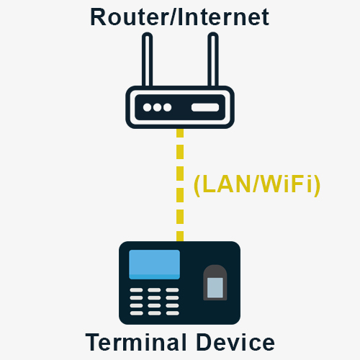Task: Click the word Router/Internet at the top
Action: pyautogui.click(x=179, y=17)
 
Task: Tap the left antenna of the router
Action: pyautogui.click(x=148, y=60)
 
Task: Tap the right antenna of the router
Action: pyautogui.click(x=213, y=60)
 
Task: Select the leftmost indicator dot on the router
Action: pyautogui.click(x=147, y=107)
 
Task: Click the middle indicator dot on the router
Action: pyautogui.click(x=157, y=107)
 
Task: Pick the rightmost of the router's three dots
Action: pyautogui.click(x=167, y=107)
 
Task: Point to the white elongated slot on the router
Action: pyautogui.click(x=205, y=107)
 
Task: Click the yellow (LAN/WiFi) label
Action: pyautogui.click(x=257, y=184)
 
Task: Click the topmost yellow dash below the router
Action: pyautogui.click(x=180, y=133)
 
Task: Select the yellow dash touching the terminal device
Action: pyautogui.click(x=180, y=236)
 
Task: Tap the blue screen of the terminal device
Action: pyautogui.click(x=154, y=264)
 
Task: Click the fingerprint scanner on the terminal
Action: pyautogui.click(x=215, y=282)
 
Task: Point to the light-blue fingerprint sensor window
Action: pyautogui.click(x=215, y=287)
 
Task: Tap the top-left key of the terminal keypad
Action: pyautogui.click(x=136, y=290)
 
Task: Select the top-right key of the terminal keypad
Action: pyautogui.click(x=172, y=290)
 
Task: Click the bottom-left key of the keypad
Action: pyautogui.click(x=136, y=313)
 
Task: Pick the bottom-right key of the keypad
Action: pyautogui.click(x=172, y=313)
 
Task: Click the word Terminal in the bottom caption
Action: pyautogui.click(x=136, y=342)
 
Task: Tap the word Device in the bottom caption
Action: pyautogui.click(x=235, y=342)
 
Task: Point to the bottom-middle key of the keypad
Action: pyautogui.click(x=154, y=313)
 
